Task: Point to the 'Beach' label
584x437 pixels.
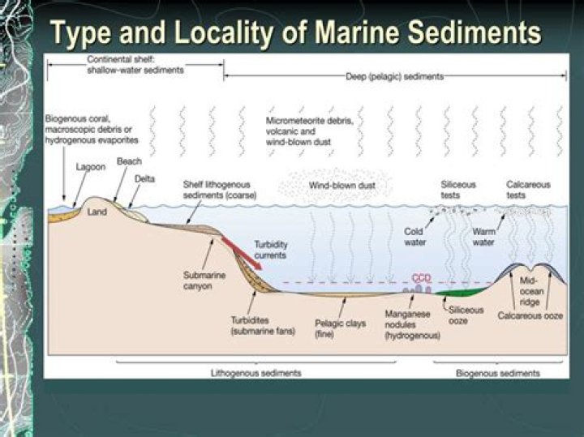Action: point(129,161)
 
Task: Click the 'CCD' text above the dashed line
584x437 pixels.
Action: point(421,277)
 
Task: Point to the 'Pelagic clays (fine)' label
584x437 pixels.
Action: point(341,328)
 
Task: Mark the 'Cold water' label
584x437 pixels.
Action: point(414,236)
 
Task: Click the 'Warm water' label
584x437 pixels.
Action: point(483,236)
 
